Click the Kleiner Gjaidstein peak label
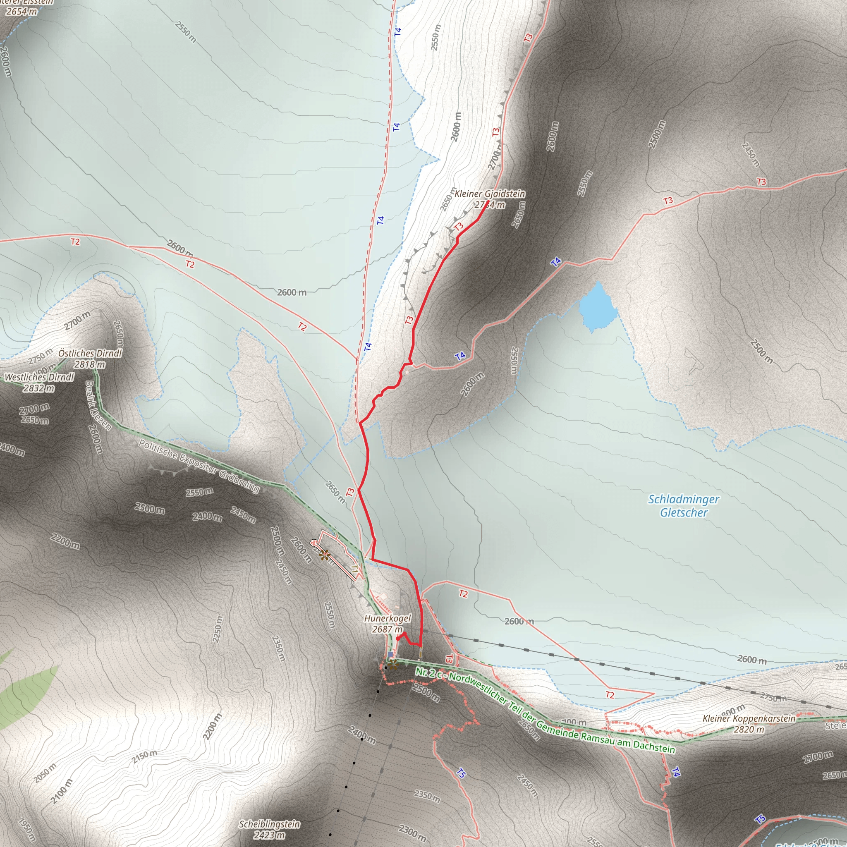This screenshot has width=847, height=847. coord(489,193)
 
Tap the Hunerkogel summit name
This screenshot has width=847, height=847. coord(388,618)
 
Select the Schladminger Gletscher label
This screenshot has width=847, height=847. coord(684,505)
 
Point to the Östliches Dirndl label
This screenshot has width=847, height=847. coord(90,353)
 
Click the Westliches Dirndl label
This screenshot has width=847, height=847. coord(39,377)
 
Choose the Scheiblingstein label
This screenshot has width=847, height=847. coord(269,824)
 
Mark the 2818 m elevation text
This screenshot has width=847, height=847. coord(90,364)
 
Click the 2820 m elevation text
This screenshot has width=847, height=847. coord(749,730)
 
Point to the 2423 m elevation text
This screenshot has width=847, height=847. coord(269,835)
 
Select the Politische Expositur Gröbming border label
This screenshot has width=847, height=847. coord(199,465)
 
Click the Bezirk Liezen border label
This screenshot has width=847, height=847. coord(97,406)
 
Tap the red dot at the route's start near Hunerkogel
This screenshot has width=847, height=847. coord(397,638)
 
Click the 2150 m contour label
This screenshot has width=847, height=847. coord(144,756)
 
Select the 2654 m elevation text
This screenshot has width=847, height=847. coord(22,12)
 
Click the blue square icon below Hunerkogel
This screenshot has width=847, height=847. coord(390,654)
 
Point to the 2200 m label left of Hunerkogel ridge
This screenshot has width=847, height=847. coord(65,541)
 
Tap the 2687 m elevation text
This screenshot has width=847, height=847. coord(387,629)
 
